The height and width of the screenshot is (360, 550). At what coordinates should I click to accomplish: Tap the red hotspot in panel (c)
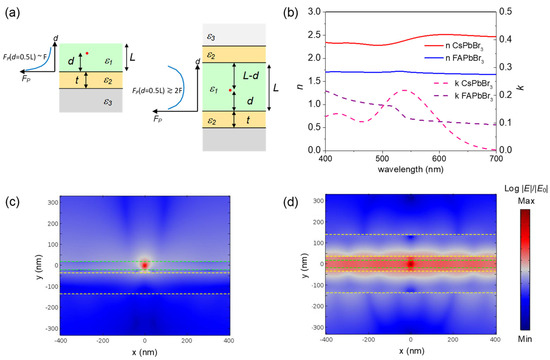pos(146,265)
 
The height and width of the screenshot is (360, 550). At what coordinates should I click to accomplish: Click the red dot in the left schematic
pos(88,52)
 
